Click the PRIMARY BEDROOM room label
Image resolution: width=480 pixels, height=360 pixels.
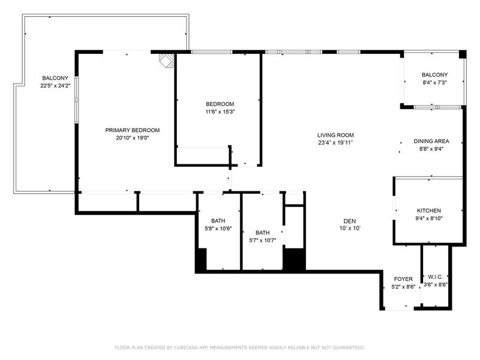(133, 130)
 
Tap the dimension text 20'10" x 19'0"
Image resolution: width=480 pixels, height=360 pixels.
(133, 138)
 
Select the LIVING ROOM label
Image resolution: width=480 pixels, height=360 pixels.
(335, 135)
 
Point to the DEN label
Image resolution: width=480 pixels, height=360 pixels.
(350, 221)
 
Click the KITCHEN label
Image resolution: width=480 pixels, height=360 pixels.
(429, 211)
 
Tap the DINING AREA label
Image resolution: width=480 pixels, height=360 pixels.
(431, 141)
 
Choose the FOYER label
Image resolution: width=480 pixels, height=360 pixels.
(403, 279)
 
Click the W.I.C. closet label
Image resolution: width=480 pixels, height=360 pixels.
(436, 277)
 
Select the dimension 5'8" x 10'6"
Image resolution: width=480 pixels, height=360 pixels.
(218, 229)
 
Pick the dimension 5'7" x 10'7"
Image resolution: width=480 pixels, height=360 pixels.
(263, 241)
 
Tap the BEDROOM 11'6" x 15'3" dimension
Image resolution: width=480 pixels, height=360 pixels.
(220, 112)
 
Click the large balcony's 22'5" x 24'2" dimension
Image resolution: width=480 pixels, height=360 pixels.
(55, 86)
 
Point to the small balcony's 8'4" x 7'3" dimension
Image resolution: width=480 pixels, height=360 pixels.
(434, 82)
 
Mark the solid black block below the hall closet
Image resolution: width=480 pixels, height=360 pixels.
(294, 259)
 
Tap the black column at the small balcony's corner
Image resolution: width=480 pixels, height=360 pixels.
(462, 54)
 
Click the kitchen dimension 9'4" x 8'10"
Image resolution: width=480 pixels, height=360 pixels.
(429, 218)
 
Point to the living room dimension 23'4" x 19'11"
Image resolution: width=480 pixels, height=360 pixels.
(335, 143)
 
